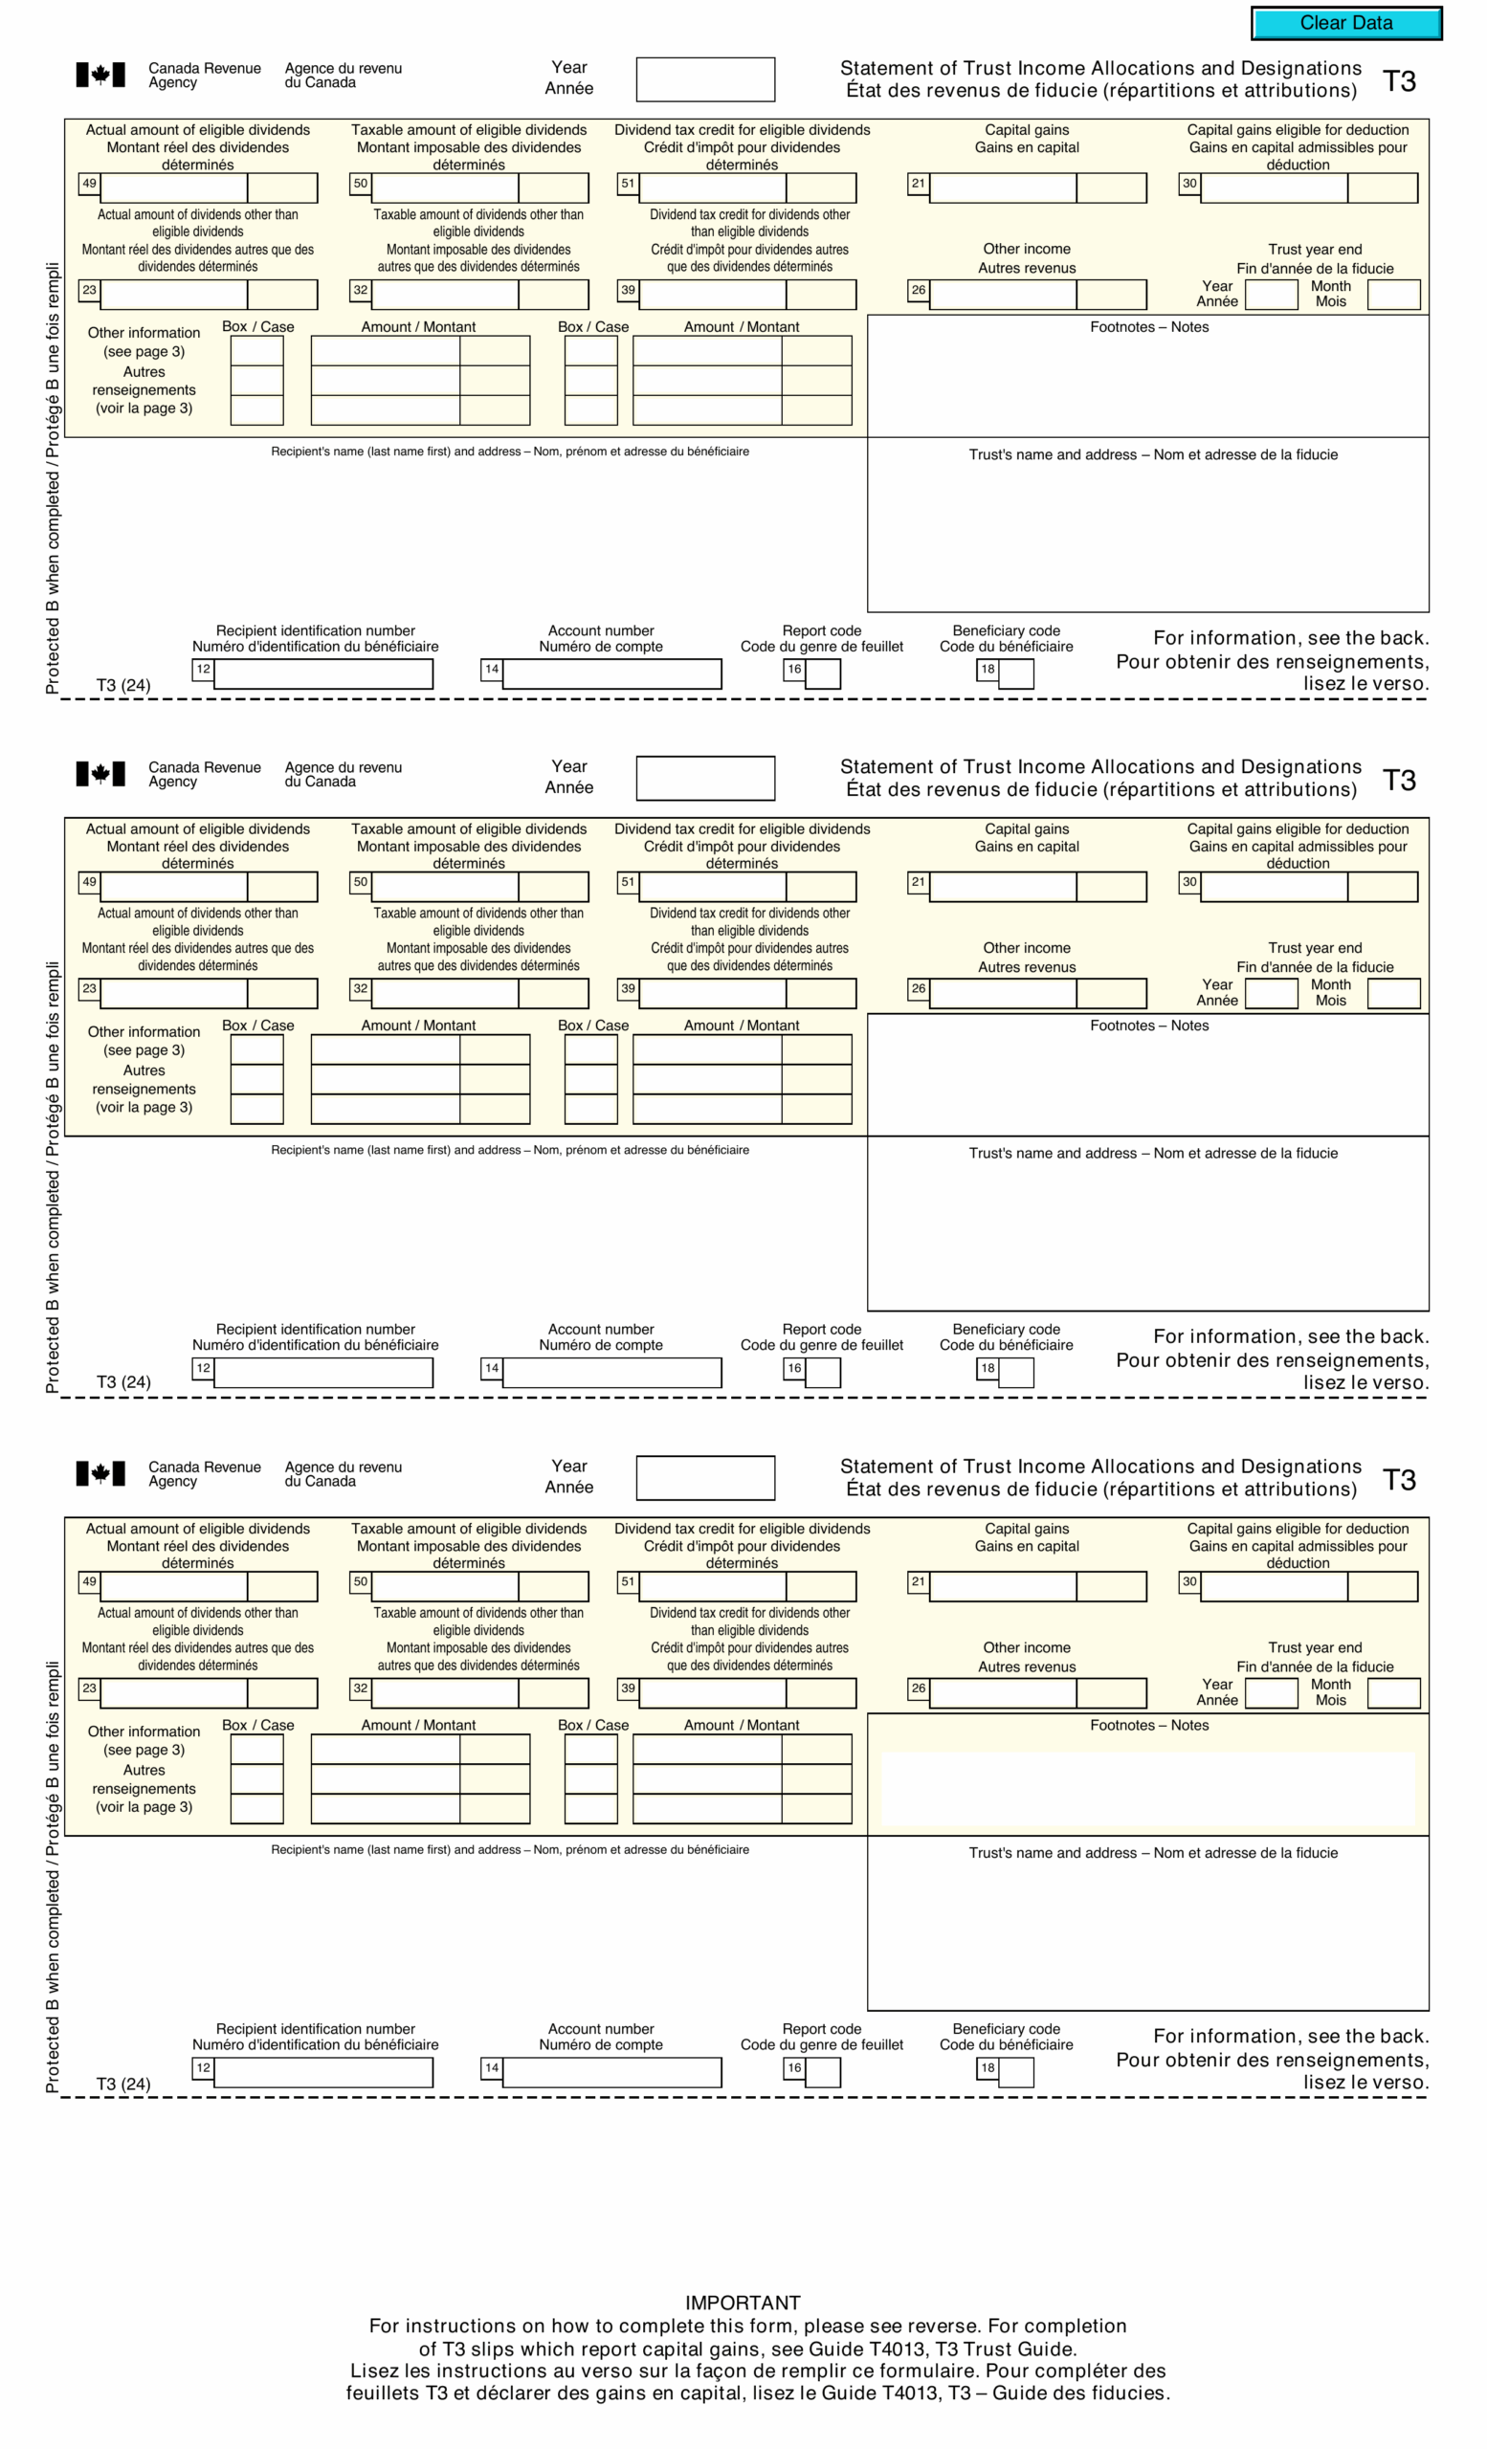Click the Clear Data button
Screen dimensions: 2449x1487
[x=1345, y=23]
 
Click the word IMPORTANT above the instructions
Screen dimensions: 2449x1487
[x=743, y=2303]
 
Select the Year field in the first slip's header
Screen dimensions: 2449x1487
[x=704, y=79]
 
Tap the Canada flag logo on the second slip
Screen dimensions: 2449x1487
[x=100, y=774]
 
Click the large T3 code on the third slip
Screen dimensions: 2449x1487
[x=1399, y=1480]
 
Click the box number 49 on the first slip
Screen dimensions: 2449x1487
[x=89, y=184]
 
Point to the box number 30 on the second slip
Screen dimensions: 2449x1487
[x=1188, y=883]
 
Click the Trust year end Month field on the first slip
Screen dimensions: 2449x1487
[x=1392, y=296]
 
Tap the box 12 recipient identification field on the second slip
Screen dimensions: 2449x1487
[x=323, y=1373]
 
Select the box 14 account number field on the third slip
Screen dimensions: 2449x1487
[x=611, y=2072]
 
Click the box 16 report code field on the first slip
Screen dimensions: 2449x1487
[x=822, y=673]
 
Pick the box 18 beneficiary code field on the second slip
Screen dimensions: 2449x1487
[x=1015, y=1373]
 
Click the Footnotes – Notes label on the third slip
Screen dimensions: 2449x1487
[x=1149, y=1726]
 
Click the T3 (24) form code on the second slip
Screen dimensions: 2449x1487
[x=123, y=1382]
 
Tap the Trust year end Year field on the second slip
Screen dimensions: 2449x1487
[x=1272, y=994]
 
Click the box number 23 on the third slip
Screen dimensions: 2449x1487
[x=89, y=1688]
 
